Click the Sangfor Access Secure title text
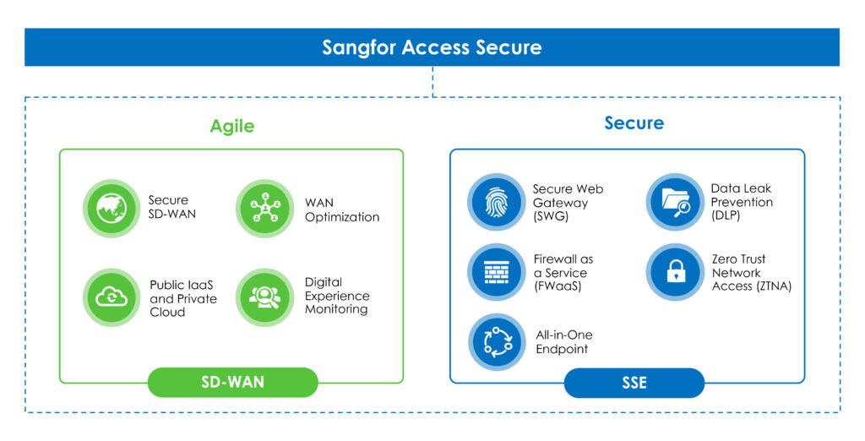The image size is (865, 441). click(432, 47)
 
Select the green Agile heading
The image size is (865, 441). click(231, 126)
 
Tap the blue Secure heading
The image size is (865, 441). click(634, 123)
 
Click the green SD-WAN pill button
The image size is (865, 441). click(232, 382)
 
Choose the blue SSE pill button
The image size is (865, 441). click(634, 383)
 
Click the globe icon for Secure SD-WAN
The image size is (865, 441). click(111, 208)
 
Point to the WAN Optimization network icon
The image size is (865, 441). click(264, 208)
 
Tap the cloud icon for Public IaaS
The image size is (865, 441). click(111, 297)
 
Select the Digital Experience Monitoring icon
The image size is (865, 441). click(264, 297)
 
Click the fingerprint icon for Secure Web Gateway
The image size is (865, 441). click(496, 203)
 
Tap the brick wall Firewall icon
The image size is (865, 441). click(496, 272)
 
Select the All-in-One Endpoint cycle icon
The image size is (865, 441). click(496, 341)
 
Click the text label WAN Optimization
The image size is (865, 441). click(342, 210)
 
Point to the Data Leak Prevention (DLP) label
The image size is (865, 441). click(742, 203)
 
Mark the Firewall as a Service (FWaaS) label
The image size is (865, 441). click(563, 273)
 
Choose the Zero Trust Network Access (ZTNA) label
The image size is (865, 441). click(750, 273)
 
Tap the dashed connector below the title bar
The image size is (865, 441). click(432, 81)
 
